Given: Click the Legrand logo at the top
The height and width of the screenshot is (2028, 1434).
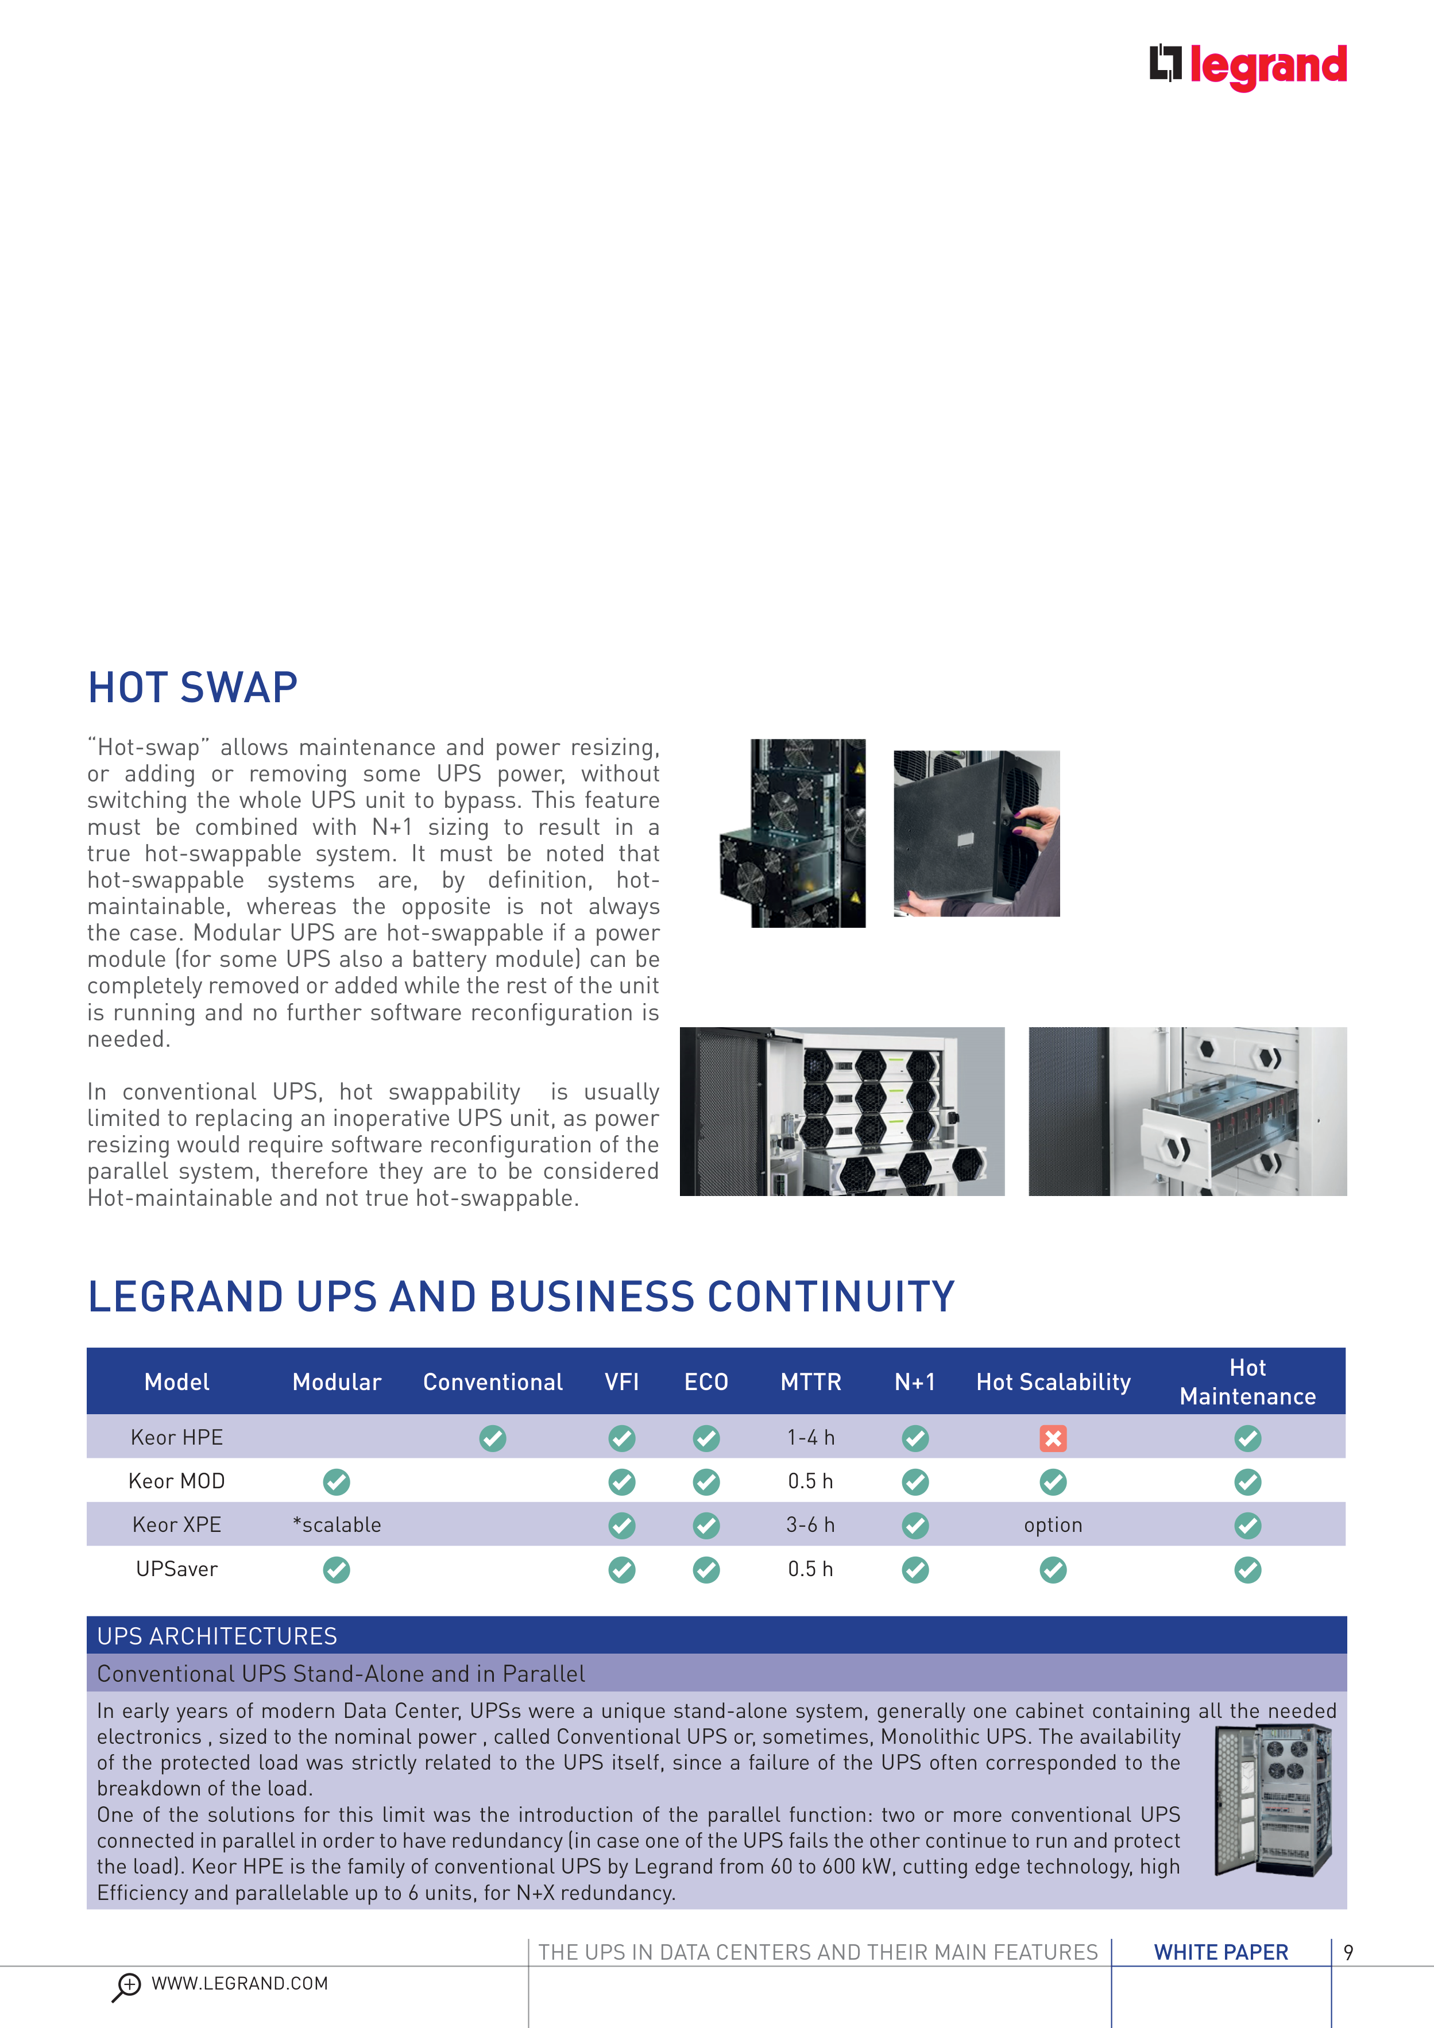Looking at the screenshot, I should pyautogui.click(x=1247, y=65).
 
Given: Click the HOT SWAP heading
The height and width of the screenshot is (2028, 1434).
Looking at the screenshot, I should pyautogui.click(x=192, y=688).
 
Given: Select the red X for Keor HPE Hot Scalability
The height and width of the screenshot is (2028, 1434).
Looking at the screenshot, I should pyautogui.click(x=1052, y=1438).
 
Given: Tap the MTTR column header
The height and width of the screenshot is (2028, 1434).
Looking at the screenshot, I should pyautogui.click(x=810, y=1382).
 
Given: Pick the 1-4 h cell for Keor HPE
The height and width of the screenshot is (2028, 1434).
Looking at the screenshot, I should pyautogui.click(x=810, y=1438).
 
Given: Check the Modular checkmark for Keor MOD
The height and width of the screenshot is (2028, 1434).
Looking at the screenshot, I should pyautogui.click(x=337, y=1481).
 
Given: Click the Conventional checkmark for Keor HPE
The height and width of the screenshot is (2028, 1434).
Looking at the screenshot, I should pyautogui.click(x=492, y=1438).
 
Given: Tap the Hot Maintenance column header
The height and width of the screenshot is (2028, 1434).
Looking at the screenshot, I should pyautogui.click(x=1247, y=1382).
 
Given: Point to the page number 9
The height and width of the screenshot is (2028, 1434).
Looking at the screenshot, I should pyautogui.click(x=1348, y=1952).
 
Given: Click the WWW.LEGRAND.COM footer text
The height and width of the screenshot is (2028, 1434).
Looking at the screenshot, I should pyautogui.click(x=239, y=1984).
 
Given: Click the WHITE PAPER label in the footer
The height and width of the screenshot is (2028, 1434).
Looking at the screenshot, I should pyautogui.click(x=1221, y=1952).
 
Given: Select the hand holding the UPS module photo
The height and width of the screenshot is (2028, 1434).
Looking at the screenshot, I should pyautogui.click(x=976, y=833).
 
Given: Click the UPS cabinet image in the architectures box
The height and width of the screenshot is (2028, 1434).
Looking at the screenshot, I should pyautogui.click(x=1272, y=1800).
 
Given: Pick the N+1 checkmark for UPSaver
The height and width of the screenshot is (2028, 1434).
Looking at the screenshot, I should pyautogui.click(x=915, y=1570).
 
